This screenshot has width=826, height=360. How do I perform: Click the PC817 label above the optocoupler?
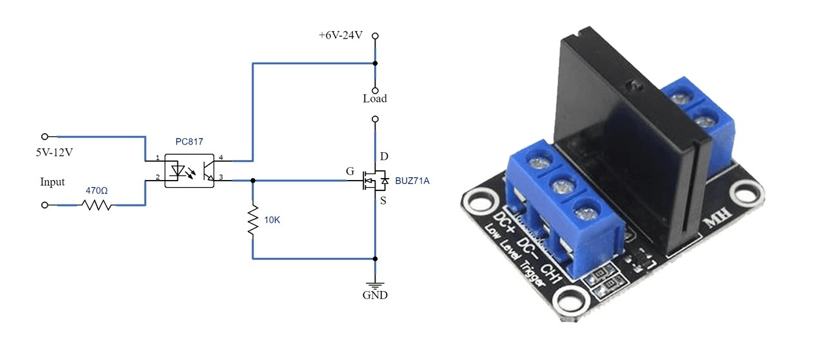(x=189, y=142)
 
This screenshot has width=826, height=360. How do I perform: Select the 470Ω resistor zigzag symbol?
(x=97, y=205)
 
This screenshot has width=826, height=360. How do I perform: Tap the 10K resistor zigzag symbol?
(x=253, y=220)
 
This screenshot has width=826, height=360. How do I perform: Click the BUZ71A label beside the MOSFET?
(x=412, y=181)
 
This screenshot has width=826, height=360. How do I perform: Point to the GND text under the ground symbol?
(x=375, y=295)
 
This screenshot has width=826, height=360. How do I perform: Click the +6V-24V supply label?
(x=340, y=35)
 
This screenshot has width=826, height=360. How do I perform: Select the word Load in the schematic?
(x=375, y=99)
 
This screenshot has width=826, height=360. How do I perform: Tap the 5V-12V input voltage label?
(x=54, y=152)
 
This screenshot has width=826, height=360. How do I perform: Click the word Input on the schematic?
(x=52, y=182)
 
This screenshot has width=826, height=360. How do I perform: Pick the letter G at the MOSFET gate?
(x=350, y=171)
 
